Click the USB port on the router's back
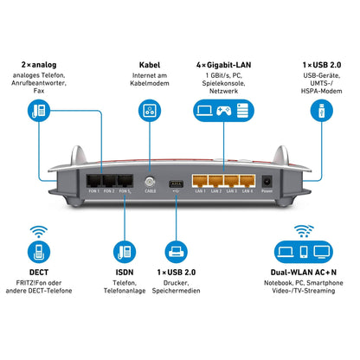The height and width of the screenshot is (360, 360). coord(176,183)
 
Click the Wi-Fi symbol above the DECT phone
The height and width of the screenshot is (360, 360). coord(37,233)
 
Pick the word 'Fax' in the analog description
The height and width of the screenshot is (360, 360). coord(37,92)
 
